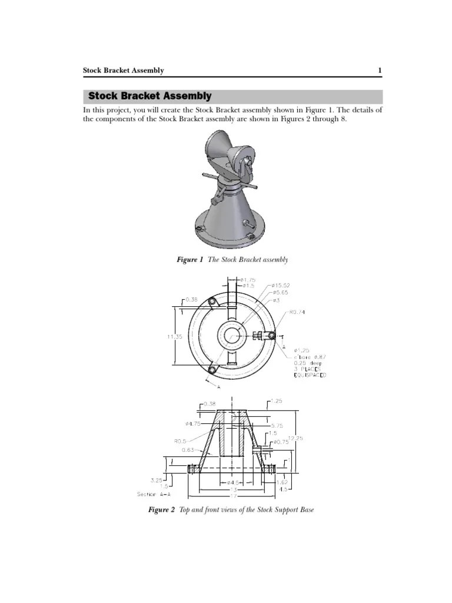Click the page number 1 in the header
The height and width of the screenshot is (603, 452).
[380, 71]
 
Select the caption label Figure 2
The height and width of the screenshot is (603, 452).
[161, 509]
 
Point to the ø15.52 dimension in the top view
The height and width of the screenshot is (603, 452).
[281, 286]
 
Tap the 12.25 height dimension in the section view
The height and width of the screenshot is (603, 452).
[295, 438]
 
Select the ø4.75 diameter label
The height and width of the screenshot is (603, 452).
[194, 423]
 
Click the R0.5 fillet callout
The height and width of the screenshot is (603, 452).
[181, 440]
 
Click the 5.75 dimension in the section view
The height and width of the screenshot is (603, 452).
[277, 425]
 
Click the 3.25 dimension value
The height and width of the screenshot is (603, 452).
[157, 479]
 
